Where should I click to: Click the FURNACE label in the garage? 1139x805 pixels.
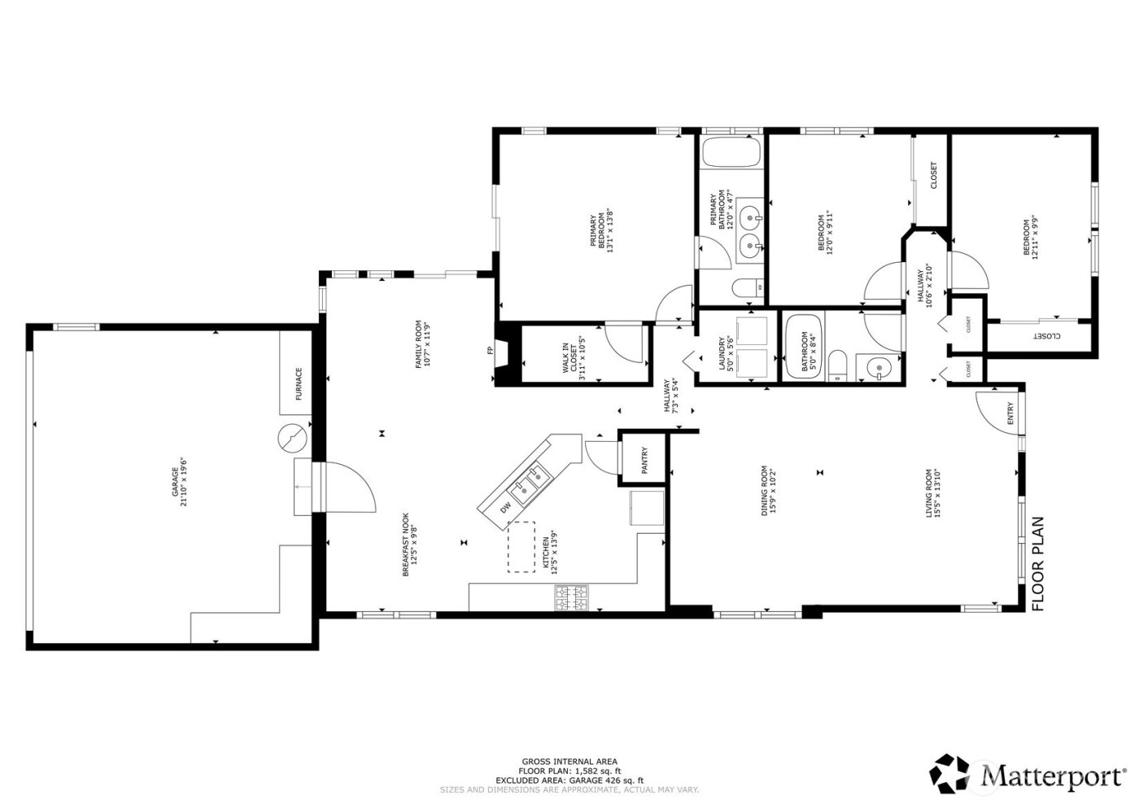[x=299, y=384]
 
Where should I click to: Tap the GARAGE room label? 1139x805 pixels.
[x=183, y=481]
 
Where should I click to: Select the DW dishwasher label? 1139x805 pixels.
[x=506, y=506]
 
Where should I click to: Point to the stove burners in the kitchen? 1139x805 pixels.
[x=573, y=599]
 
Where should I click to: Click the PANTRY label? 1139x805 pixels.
[x=644, y=461]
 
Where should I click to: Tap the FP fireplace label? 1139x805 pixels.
[x=490, y=351]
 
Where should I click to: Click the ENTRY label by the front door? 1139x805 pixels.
[x=1010, y=413]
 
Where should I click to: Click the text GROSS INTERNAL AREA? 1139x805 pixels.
[x=569, y=762]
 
